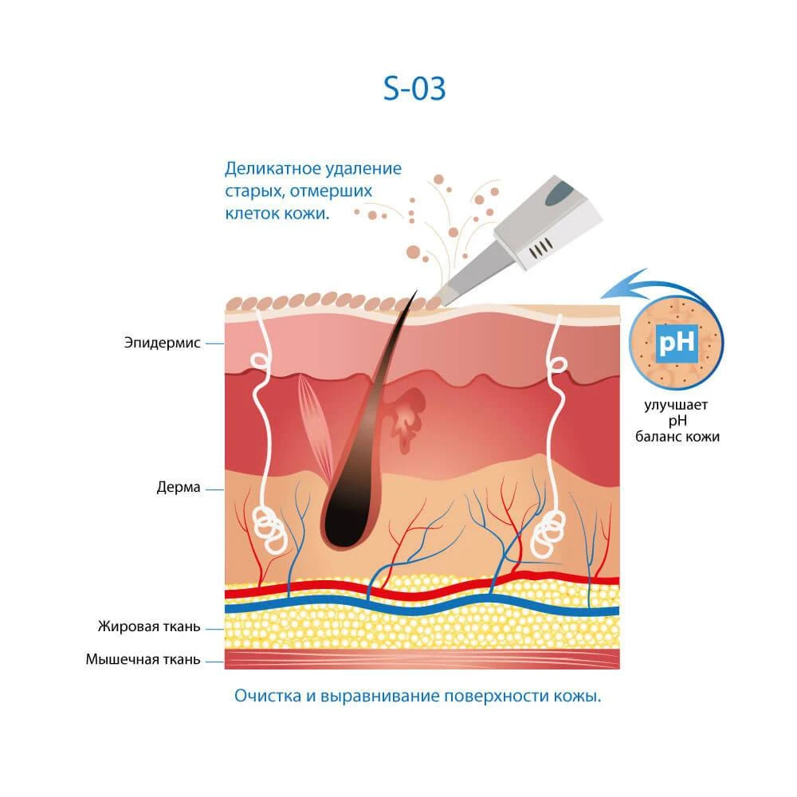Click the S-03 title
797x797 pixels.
414,88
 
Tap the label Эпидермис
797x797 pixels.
162,343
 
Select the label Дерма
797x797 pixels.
179,488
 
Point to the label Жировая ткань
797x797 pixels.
149,626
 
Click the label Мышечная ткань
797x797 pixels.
143,659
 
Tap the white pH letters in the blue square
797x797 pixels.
677,343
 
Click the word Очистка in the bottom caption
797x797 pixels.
267,696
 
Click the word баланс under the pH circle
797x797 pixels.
658,437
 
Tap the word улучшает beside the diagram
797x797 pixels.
676,405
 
